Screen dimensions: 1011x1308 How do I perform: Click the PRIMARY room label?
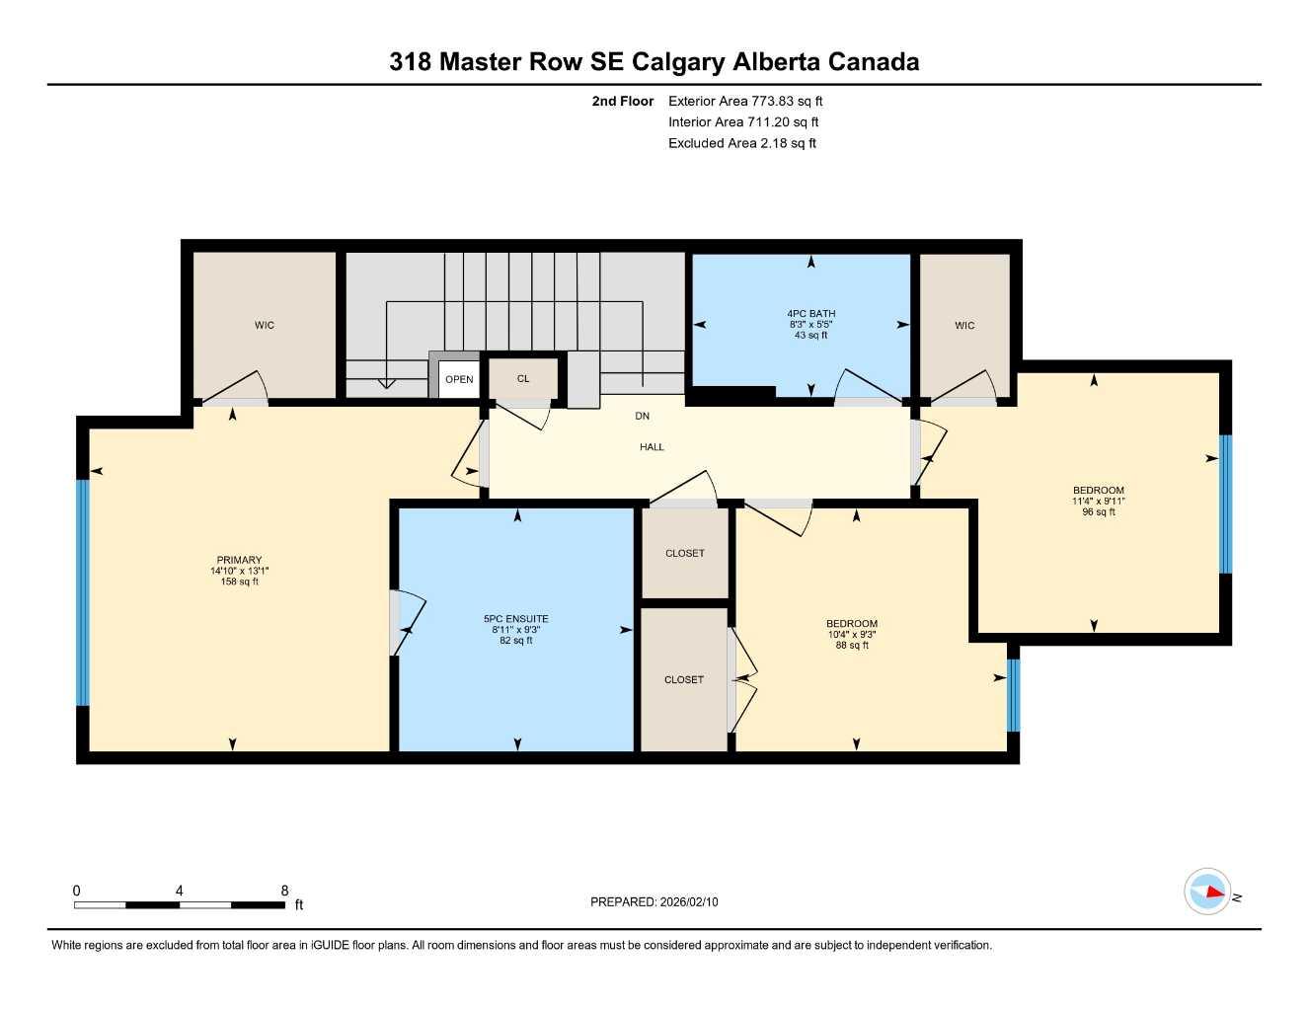point(239,561)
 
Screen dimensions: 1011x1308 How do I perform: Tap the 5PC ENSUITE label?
point(515,619)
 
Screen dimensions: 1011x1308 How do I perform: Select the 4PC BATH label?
point(810,314)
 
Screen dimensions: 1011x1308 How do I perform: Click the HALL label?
point(652,447)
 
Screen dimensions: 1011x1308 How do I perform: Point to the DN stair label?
point(642,417)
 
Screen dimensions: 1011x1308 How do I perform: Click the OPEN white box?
point(459,379)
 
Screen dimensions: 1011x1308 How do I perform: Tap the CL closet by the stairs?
point(523,379)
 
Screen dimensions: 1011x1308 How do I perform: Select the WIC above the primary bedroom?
point(264,326)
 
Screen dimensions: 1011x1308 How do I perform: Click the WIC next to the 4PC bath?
point(964,326)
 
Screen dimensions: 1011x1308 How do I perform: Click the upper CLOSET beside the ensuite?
point(685,554)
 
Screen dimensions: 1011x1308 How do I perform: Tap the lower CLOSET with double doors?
point(684,680)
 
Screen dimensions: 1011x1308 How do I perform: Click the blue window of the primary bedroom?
point(83,592)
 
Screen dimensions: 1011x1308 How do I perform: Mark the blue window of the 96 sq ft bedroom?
point(1225,504)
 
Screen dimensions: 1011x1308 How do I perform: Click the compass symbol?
point(1207,892)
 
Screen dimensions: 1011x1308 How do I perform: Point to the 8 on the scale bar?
point(284,891)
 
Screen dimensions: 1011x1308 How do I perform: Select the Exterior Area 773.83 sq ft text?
point(745,101)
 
